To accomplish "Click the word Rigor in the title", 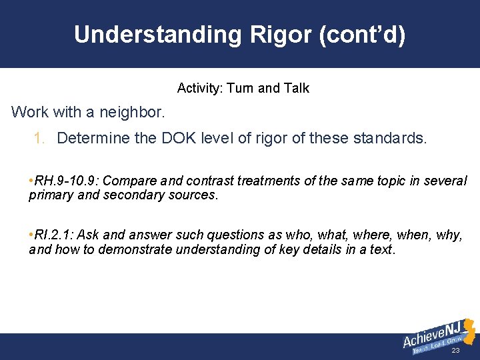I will [x=278, y=34].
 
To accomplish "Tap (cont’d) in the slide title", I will [x=363, y=34].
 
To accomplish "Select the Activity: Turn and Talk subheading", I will [x=243, y=88].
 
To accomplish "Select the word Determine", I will [x=91, y=138].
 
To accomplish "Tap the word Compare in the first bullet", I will [x=127, y=181].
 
